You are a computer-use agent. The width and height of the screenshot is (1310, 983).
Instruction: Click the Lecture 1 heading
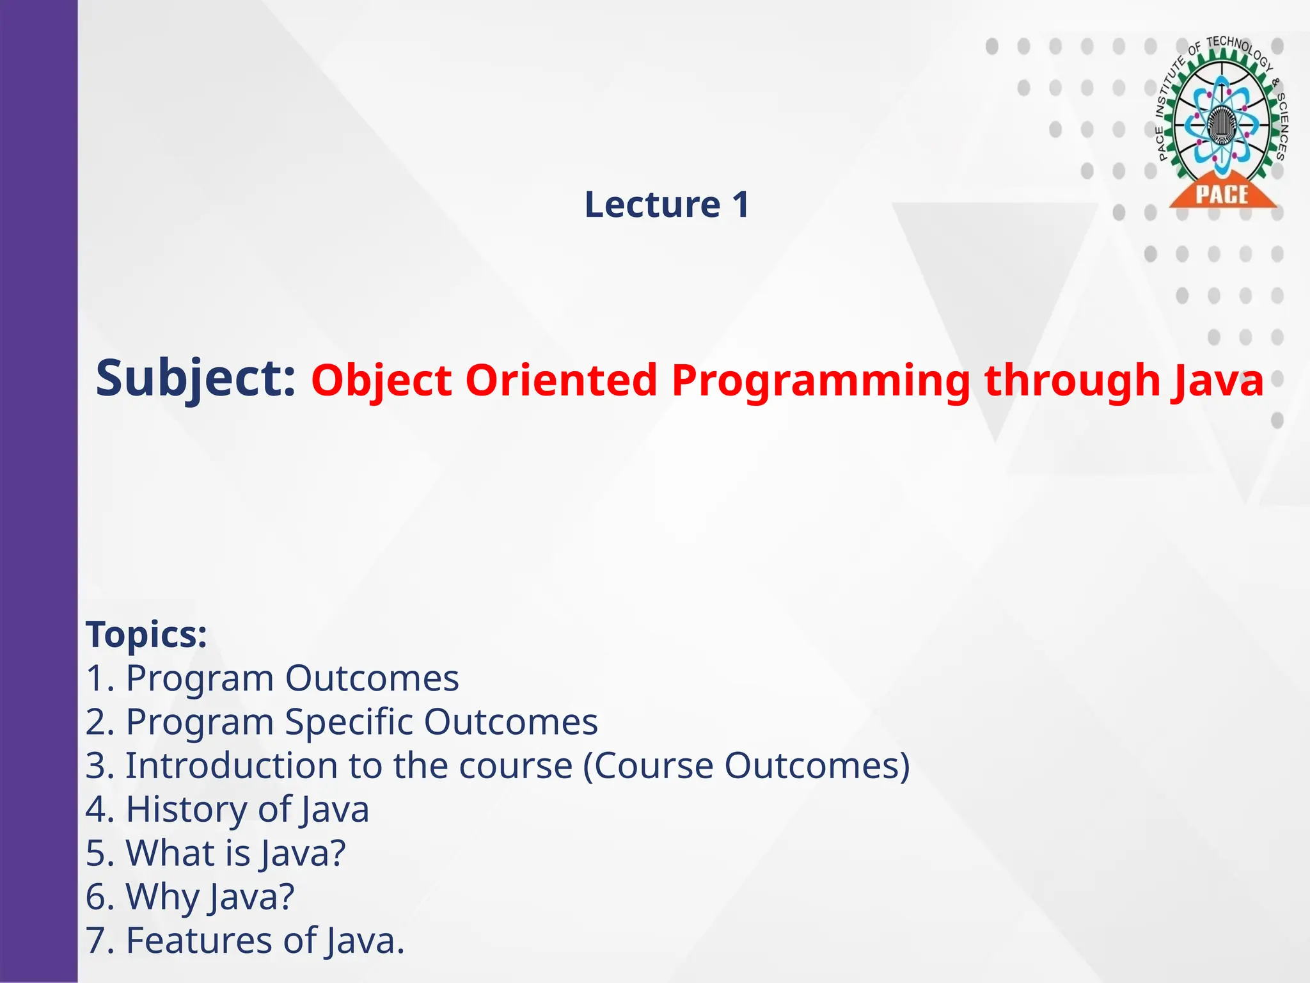[667, 205]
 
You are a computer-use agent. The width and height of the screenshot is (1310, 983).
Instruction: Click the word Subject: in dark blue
[196, 379]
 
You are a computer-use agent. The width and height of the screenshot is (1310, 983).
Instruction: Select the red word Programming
[821, 381]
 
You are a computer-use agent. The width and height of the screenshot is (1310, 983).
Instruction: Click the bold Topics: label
[146, 634]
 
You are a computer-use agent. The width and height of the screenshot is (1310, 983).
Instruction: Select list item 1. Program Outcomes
[272, 678]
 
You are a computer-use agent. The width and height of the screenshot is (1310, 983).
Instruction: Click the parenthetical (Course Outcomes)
[746, 766]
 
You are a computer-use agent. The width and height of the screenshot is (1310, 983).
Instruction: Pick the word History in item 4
[185, 809]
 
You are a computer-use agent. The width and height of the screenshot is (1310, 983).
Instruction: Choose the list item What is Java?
[216, 853]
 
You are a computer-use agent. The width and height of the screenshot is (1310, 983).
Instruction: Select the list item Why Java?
[191, 897]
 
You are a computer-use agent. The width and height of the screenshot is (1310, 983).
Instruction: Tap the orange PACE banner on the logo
[1222, 194]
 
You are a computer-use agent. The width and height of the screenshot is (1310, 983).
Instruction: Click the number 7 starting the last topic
[95, 941]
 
